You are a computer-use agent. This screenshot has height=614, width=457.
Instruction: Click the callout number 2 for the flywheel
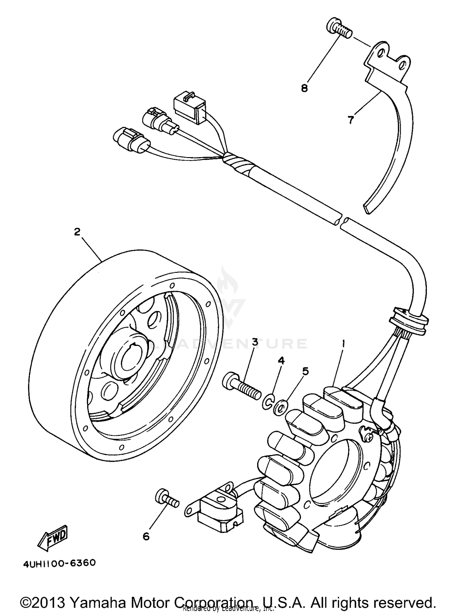(x=77, y=232)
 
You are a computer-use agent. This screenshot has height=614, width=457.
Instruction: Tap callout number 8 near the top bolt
(x=304, y=88)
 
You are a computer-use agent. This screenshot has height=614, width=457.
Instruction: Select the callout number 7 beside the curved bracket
(x=351, y=120)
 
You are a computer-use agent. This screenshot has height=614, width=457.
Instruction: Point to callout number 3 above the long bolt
(x=254, y=342)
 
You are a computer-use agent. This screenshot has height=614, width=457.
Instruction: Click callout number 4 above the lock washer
(x=281, y=361)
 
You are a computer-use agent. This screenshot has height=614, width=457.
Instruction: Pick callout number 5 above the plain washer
(x=305, y=371)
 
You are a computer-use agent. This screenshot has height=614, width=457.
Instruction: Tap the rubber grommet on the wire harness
(x=408, y=320)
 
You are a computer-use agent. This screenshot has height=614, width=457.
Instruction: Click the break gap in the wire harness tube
(x=342, y=221)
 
